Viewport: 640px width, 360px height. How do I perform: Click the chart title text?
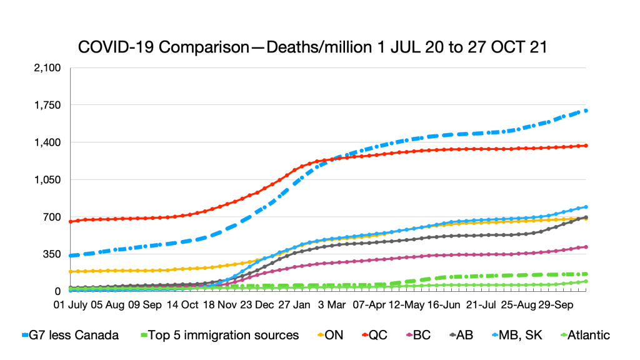click(312, 47)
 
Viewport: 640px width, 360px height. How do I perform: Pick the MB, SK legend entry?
click(522, 335)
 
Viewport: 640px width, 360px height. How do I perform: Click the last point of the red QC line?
click(586, 146)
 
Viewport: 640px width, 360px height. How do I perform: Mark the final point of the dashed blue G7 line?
click(586, 111)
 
